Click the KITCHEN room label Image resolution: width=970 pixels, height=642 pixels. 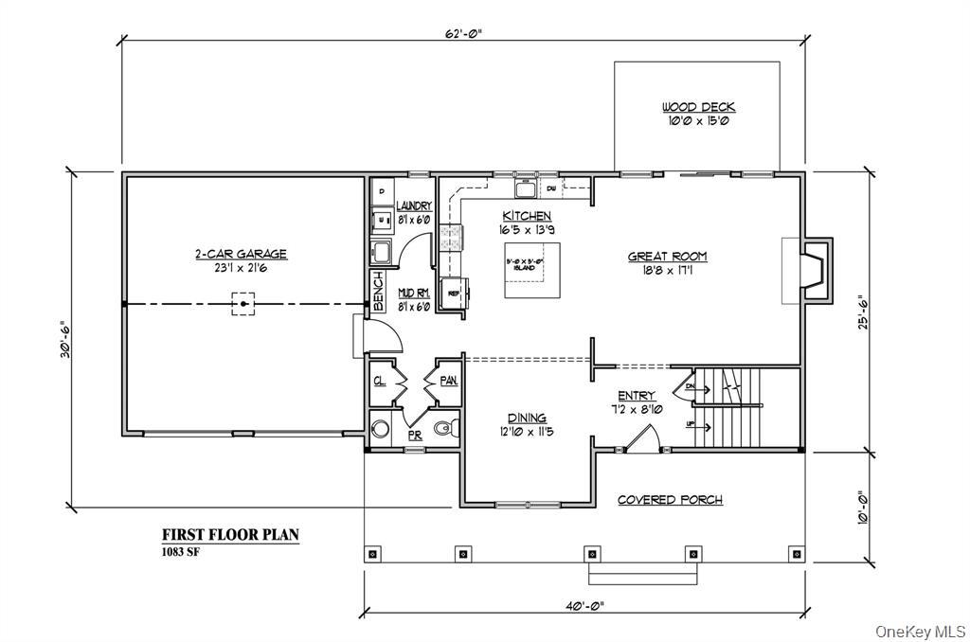[x=527, y=216]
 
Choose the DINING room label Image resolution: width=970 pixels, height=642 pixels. [x=526, y=418]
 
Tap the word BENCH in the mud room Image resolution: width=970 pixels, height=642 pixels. [x=377, y=292]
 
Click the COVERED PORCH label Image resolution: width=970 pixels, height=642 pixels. [x=670, y=500]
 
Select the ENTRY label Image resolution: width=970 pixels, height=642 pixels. [x=637, y=396]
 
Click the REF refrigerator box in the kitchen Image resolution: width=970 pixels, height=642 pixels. [x=452, y=294]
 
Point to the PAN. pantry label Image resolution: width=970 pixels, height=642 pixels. [x=448, y=381]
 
